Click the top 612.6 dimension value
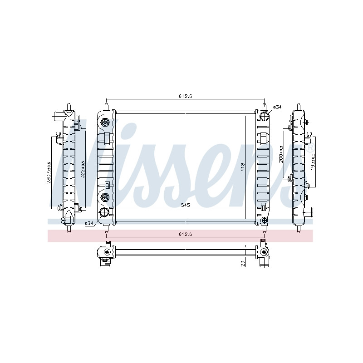(x=186, y=96)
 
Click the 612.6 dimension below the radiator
(x=186, y=234)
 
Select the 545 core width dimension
(x=186, y=205)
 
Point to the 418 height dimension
(x=243, y=167)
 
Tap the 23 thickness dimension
(x=243, y=264)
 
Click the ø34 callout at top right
(x=277, y=107)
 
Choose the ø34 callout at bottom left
(x=89, y=223)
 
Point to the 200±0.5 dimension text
(x=281, y=154)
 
